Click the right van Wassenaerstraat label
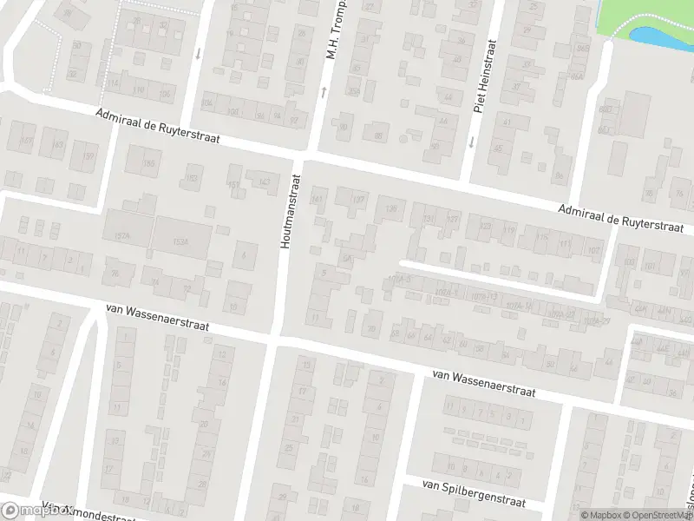pos(484,381)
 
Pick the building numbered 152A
pos(121,235)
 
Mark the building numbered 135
pos(391,208)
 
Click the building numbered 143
pos(264,181)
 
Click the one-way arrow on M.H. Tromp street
pos(323,90)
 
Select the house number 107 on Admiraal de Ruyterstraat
pos(593,250)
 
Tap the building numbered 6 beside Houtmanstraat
pos(246,255)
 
